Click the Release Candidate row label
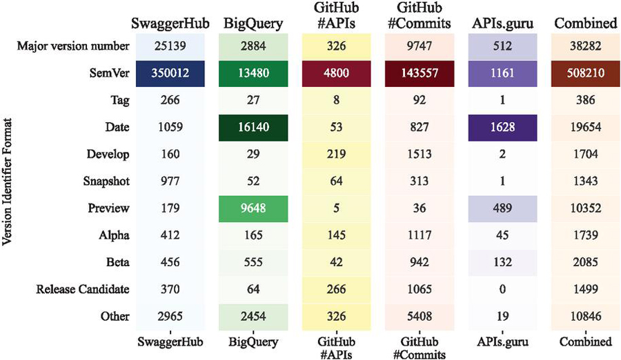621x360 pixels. coord(82,290)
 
